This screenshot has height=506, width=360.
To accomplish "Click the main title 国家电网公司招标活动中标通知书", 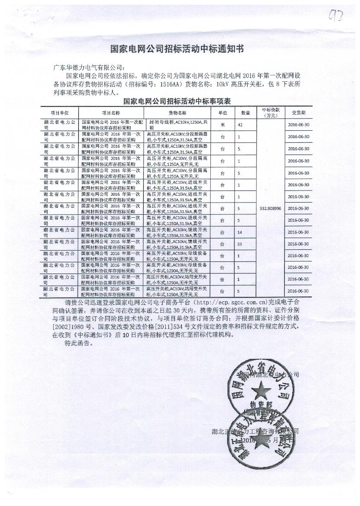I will click(177, 49).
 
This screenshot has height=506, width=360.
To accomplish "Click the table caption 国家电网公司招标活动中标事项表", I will click(177, 101).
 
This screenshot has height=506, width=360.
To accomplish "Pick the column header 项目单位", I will click(60, 113).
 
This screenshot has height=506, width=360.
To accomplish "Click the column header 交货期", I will click(298, 113).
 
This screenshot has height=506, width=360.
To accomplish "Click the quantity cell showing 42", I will click(239, 125).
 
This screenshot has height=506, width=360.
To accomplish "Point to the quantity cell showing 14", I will click(239, 232).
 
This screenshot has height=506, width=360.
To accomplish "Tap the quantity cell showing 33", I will click(239, 244).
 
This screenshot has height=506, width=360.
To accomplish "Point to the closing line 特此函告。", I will click(79, 343).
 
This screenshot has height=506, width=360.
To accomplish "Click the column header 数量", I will click(245, 113).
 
